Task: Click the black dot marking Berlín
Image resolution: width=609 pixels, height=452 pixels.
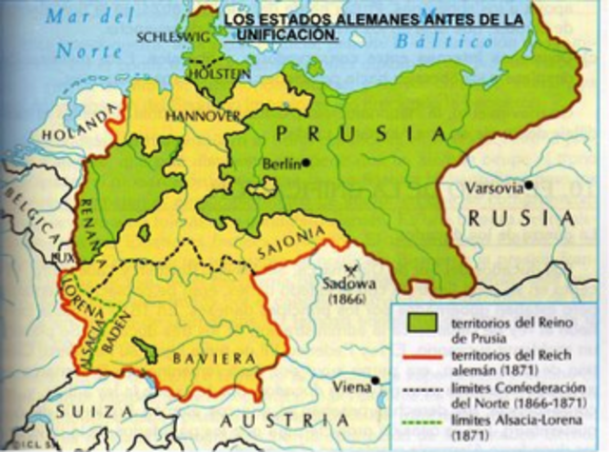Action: (306, 163)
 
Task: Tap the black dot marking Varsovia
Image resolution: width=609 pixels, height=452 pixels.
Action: (528, 185)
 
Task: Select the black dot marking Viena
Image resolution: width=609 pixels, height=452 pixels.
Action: (376, 380)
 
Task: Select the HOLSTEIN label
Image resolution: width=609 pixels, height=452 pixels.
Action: (225, 72)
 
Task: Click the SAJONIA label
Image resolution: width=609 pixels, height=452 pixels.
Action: (287, 251)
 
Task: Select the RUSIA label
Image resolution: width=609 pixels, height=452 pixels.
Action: (521, 218)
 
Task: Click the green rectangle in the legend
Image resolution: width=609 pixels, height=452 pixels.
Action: (419, 322)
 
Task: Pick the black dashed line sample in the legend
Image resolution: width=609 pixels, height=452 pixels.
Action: (419, 391)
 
